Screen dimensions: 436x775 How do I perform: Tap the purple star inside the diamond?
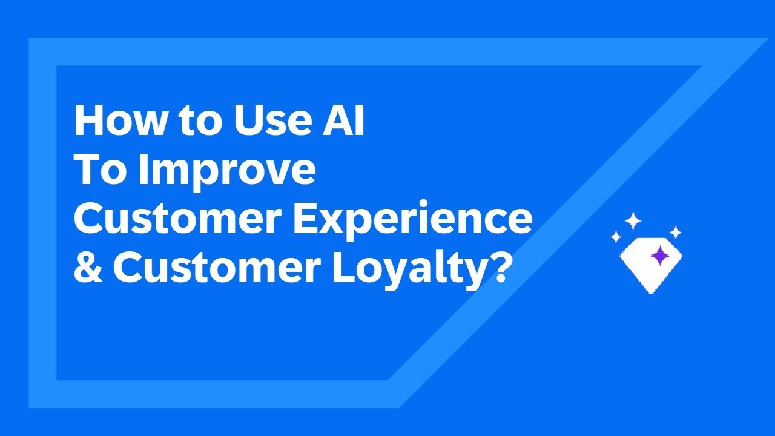click(x=658, y=257)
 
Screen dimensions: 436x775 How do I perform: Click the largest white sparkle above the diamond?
click(x=633, y=221)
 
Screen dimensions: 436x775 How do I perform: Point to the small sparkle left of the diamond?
click(x=616, y=237)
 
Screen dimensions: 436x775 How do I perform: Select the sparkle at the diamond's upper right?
click(x=676, y=232)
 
